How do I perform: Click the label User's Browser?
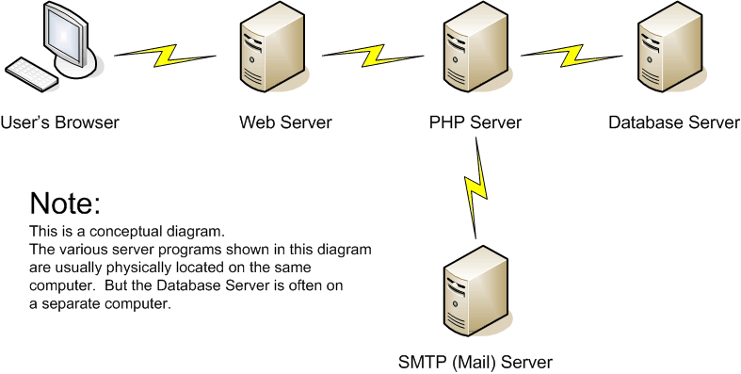click(60, 122)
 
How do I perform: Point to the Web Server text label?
click(285, 122)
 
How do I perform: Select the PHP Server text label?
click(475, 122)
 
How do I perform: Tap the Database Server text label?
click(673, 122)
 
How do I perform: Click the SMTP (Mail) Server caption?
click(475, 362)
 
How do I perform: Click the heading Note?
click(64, 203)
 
